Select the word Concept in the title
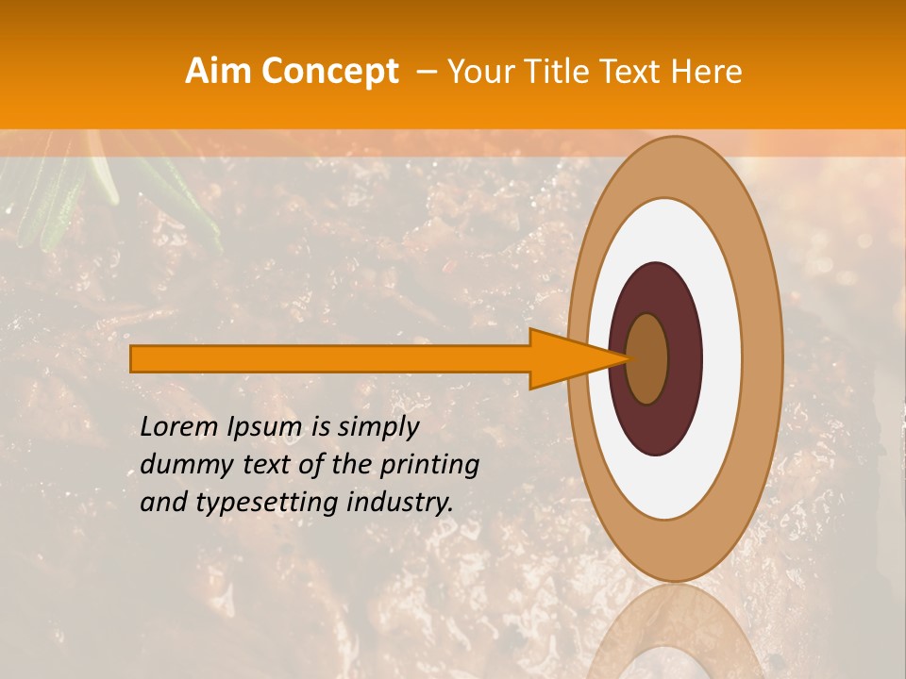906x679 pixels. tap(329, 72)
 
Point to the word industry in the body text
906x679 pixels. tap(396, 503)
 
